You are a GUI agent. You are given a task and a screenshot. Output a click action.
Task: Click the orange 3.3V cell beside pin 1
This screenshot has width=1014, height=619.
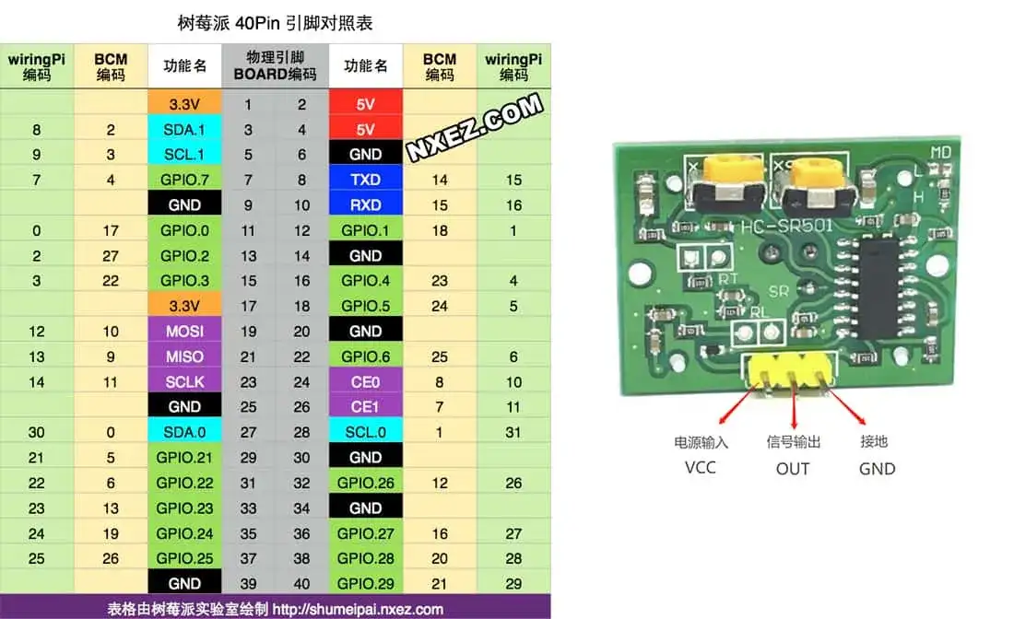pos(185,104)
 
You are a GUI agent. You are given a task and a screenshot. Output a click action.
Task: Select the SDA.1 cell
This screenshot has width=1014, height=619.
pos(185,130)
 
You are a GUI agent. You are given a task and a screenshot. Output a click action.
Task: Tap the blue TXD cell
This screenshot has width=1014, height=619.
pos(365,180)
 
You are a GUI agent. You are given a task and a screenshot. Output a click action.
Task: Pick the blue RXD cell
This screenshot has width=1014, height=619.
pos(365,205)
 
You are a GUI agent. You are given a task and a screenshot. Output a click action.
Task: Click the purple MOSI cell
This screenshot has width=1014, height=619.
pos(185,331)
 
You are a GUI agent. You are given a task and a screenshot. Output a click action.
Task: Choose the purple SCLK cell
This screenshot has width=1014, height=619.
pos(185,381)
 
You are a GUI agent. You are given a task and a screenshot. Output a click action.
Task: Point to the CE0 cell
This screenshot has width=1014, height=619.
pos(365,381)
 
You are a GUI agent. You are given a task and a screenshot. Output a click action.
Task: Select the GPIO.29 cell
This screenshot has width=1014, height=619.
pos(365,583)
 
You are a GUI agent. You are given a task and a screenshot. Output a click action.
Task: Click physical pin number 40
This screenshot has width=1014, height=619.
pos(302,583)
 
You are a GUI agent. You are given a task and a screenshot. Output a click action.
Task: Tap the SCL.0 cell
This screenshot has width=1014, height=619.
pos(365,432)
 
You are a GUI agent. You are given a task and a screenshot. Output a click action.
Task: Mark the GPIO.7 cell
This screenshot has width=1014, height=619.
pos(185,180)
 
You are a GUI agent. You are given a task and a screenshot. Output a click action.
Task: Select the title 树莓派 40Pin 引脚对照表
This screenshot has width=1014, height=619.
pos(275,22)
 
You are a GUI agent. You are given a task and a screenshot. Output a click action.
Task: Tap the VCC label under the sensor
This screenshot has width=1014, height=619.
pos(700,467)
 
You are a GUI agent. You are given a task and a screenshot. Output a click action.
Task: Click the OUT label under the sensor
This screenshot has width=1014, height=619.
pos(792,468)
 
